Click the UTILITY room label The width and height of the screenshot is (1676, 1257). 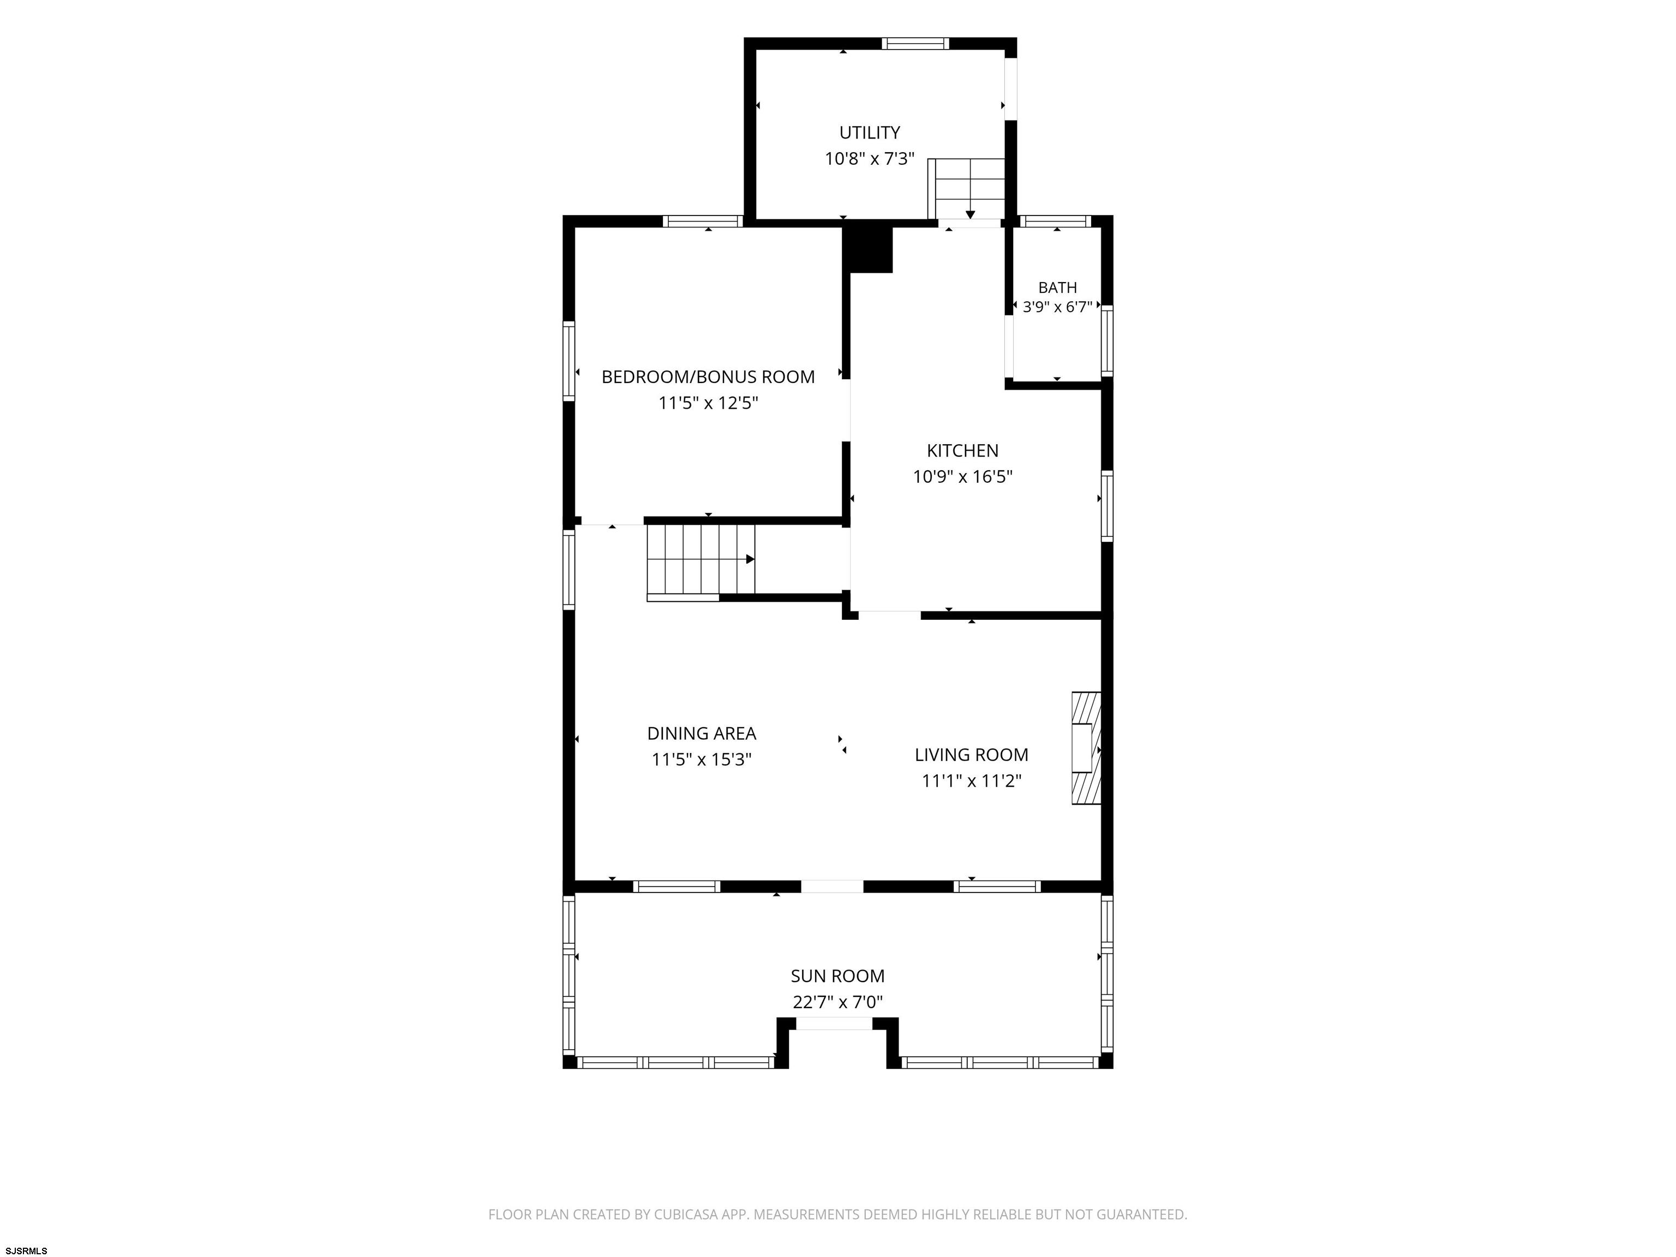click(869, 133)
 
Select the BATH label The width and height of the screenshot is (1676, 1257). click(1057, 288)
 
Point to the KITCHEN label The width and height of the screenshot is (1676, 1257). click(962, 451)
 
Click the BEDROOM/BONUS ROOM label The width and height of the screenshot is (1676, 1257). click(708, 376)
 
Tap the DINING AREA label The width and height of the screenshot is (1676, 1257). click(702, 733)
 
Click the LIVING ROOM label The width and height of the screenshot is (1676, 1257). click(971, 755)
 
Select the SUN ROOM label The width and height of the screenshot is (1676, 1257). click(837, 976)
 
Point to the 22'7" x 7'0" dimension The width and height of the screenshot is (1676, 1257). click(837, 1002)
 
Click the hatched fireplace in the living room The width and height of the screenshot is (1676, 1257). click(1085, 748)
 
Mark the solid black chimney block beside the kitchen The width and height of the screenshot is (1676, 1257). click(869, 249)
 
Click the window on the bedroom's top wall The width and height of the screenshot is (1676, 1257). click(702, 222)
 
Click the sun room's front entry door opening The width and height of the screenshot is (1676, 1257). click(834, 1023)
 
